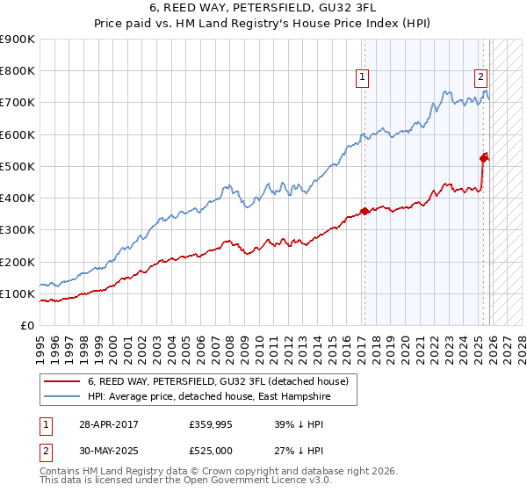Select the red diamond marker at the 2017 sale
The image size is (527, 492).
[x=365, y=211]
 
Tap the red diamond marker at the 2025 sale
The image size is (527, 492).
[x=484, y=158]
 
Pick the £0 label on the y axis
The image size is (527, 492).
[x=26, y=326]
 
